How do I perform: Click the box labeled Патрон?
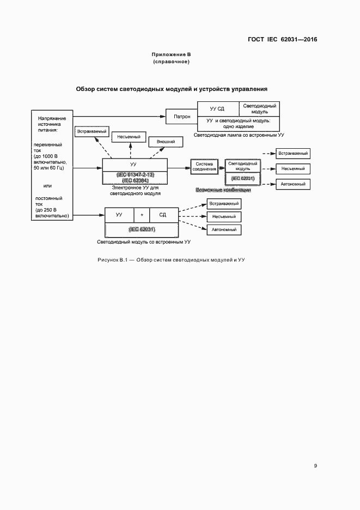click(x=182, y=116)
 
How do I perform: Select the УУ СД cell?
click(x=217, y=108)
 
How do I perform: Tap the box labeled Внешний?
click(x=166, y=142)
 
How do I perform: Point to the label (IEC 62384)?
click(x=135, y=180)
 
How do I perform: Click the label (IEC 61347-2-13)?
click(x=135, y=174)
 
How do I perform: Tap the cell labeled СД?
click(x=163, y=215)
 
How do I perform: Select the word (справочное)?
click(x=171, y=62)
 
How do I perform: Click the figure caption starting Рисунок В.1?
click(x=171, y=259)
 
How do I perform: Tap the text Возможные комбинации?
click(x=223, y=190)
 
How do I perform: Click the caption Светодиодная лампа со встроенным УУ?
click(x=240, y=135)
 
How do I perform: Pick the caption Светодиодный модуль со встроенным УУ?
click(x=144, y=241)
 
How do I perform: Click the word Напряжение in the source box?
click(x=52, y=118)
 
